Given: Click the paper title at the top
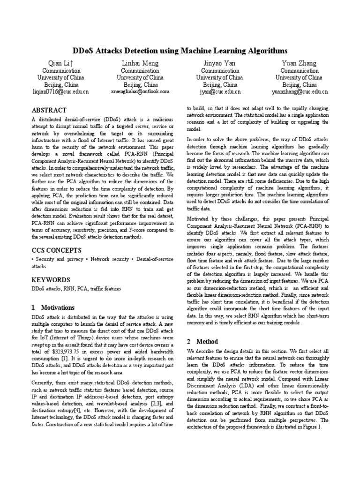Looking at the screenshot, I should point(180,51).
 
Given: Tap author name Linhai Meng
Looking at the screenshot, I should point(140,63).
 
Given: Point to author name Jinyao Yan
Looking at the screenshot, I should point(219,63).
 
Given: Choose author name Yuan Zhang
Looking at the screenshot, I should point(299,63).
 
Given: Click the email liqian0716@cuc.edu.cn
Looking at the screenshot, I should point(60,92).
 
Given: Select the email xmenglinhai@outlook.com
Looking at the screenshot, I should point(140,92).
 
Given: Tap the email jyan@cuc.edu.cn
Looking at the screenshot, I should point(219,92).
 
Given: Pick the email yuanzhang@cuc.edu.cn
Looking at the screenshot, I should point(299,92).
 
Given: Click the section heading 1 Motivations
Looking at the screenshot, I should point(53,308).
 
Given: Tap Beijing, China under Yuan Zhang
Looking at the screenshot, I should point(299,85).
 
